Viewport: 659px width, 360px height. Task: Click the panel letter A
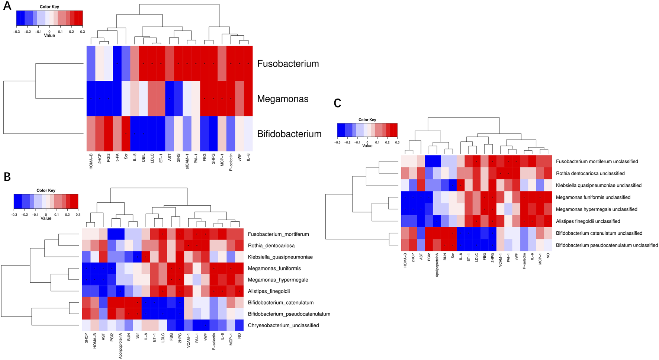coord(7,6)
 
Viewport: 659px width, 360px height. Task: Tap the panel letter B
coord(7,177)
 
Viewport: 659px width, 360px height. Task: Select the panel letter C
coord(337,103)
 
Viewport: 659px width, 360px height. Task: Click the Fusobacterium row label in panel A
coord(288,64)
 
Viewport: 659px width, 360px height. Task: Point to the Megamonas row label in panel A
coord(283,99)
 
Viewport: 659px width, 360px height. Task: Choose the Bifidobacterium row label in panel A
coord(289,134)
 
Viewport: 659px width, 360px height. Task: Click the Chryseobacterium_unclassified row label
coord(283,325)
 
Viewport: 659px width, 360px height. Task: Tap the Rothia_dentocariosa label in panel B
coord(271,246)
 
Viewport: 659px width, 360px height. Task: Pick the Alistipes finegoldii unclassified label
coord(588,221)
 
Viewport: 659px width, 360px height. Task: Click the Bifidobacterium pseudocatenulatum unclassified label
coord(607,245)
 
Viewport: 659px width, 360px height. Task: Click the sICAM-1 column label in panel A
coord(187,161)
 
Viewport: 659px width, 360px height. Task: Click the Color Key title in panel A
coord(49,7)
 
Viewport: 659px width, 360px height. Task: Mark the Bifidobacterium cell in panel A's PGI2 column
coord(108,134)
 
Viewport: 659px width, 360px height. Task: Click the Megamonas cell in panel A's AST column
coord(170,99)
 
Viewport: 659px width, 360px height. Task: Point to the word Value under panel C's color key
coord(367,146)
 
